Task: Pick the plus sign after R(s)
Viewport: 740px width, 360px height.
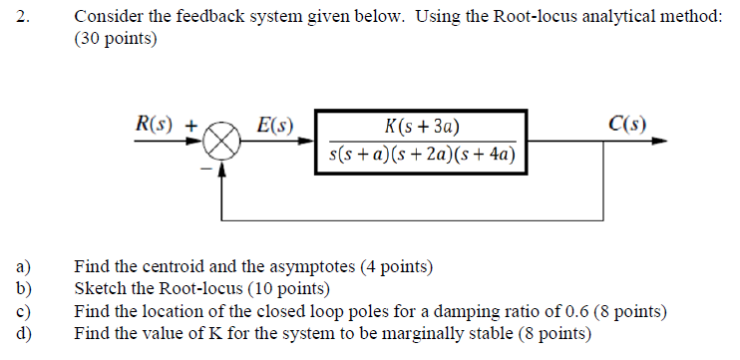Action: tap(195, 126)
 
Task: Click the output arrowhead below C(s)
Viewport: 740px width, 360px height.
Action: tap(658, 142)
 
